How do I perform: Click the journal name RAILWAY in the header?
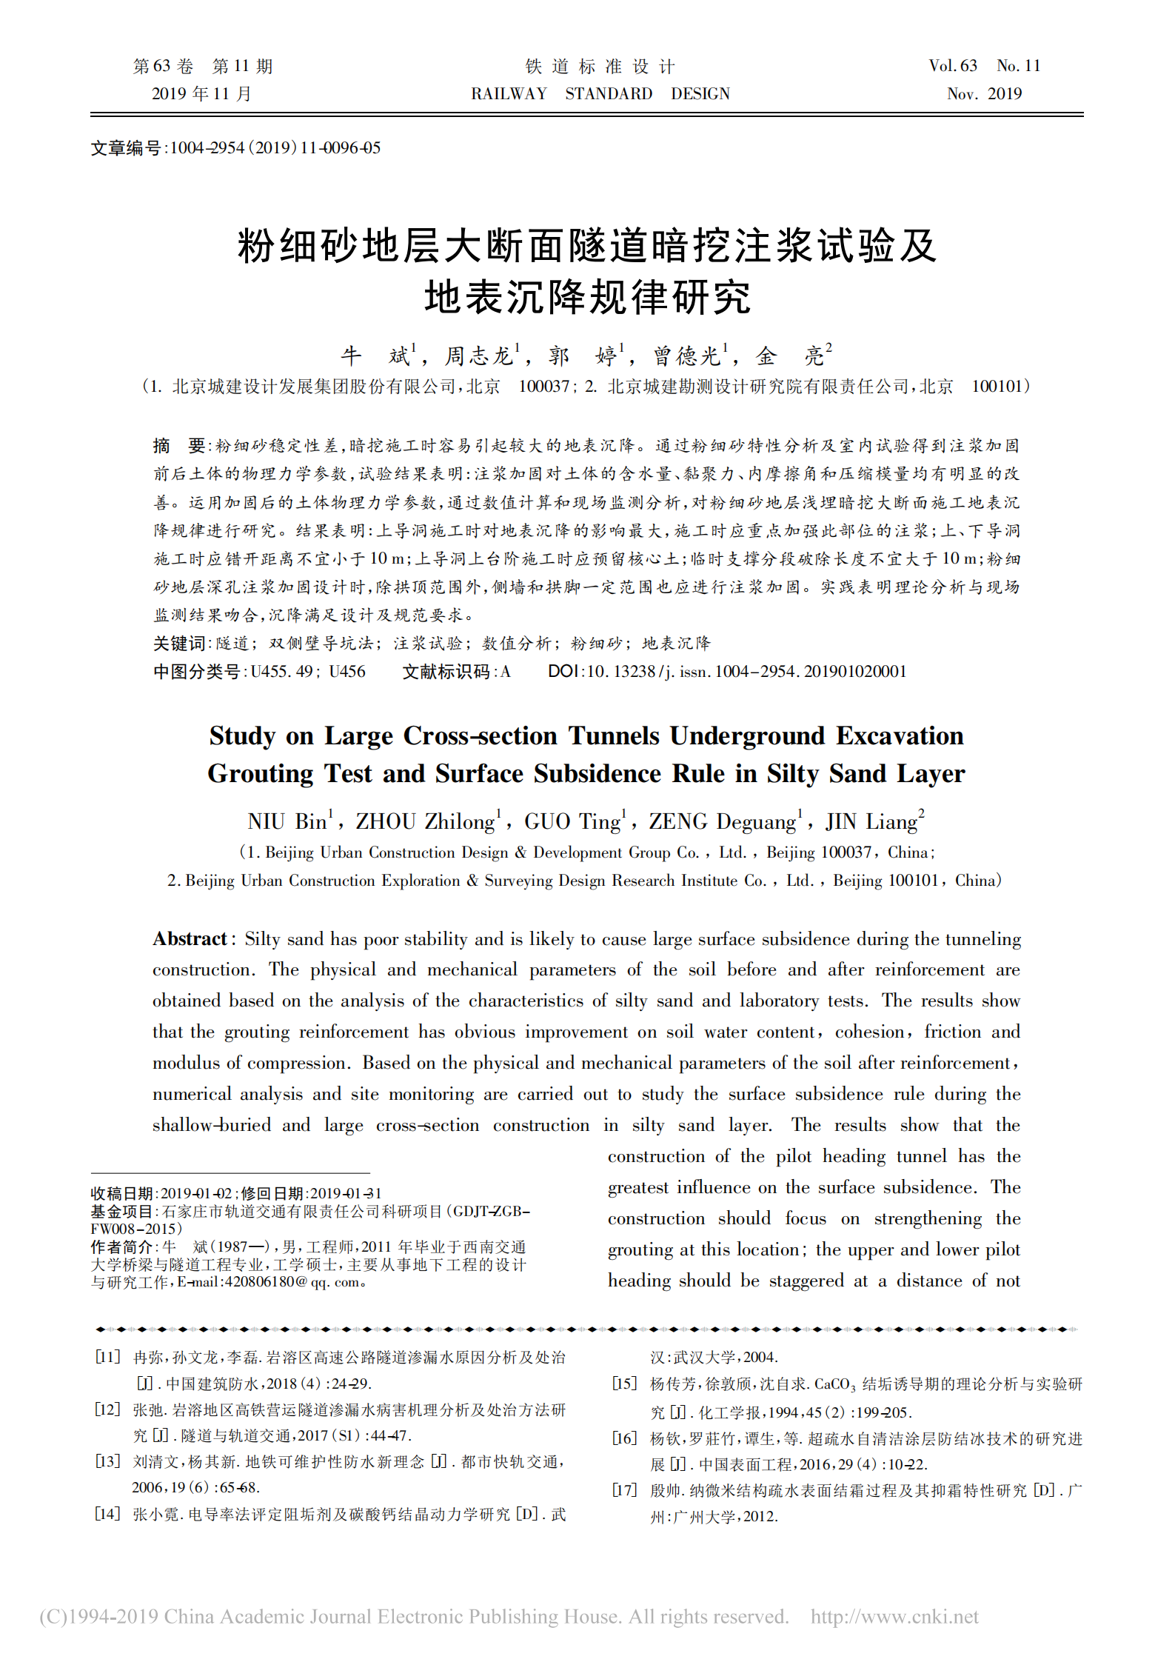509,94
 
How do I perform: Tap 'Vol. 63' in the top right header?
953,66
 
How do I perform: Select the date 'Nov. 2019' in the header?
984,94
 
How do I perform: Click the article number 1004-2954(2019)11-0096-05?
275,147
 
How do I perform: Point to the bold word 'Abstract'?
190,939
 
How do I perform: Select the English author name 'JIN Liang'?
872,822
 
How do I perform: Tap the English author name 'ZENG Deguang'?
723,822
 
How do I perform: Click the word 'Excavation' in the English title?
900,735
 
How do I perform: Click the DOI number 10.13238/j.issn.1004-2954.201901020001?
746,672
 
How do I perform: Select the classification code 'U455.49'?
281,672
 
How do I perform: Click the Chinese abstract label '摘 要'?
178,446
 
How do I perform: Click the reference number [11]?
107,1357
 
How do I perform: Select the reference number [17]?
625,1489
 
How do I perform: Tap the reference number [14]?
107,1514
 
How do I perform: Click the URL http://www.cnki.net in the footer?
894,1616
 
